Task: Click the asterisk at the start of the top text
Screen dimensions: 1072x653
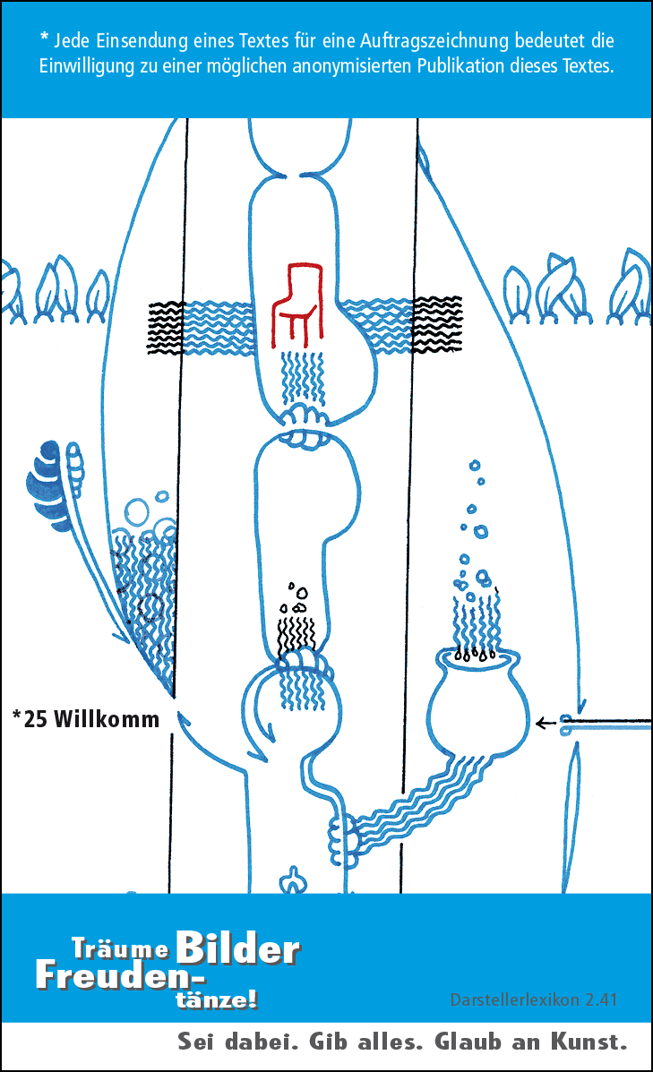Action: tap(44, 39)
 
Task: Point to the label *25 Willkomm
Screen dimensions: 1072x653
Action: tap(86, 719)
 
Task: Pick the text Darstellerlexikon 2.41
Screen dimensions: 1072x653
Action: tap(533, 999)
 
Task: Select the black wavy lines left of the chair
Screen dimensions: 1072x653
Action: tap(163, 326)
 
